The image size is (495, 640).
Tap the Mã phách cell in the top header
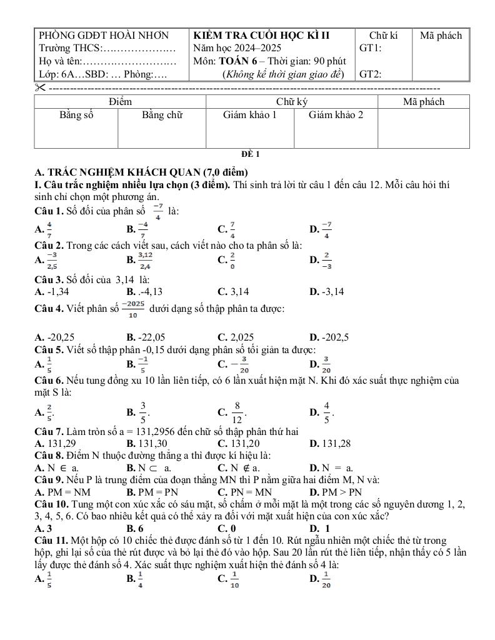441,36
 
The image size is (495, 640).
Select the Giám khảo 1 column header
249,115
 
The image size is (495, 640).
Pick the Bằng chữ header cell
162,115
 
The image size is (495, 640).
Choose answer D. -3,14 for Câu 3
335,291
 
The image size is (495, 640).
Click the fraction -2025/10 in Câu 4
132,309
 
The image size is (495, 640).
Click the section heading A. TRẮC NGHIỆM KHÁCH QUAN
142,172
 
